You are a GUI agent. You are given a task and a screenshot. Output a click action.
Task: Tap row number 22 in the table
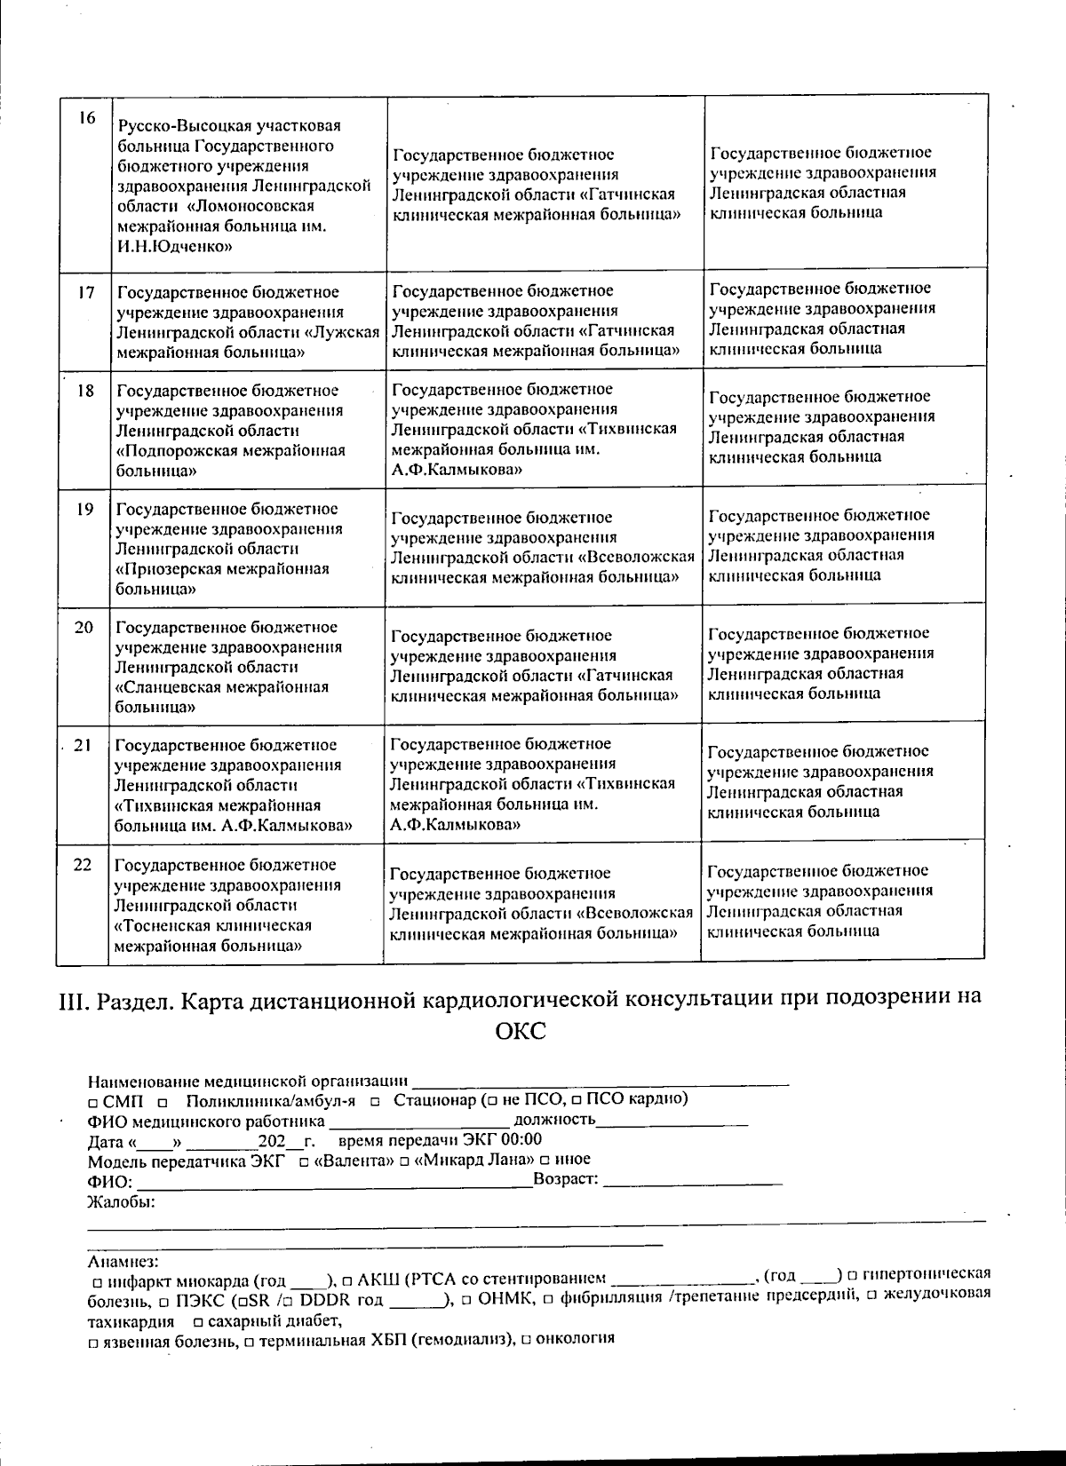click(x=83, y=865)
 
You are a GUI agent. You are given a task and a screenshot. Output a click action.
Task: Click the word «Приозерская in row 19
click(x=164, y=569)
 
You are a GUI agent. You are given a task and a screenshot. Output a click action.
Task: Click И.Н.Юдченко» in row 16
click(x=174, y=247)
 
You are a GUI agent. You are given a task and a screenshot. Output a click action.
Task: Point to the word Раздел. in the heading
click(x=131, y=998)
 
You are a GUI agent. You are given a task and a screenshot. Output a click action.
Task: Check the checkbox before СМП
click(x=93, y=1101)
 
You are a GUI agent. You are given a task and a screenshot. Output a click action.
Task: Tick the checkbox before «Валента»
click(x=304, y=1161)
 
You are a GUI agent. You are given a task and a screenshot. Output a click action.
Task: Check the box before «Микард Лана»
click(x=404, y=1161)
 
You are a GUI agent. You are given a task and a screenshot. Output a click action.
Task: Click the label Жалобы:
click(x=122, y=1202)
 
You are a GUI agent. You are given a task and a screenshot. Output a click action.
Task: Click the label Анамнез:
click(x=123, y=1261)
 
